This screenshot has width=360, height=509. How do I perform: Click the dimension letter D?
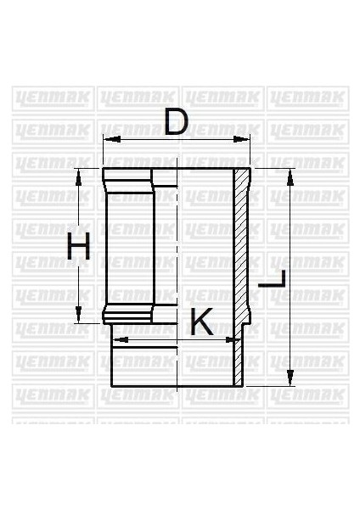point(176,122)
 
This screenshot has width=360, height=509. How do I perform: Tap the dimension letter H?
point(79,248)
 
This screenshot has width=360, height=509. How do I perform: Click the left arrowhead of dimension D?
point(106,138)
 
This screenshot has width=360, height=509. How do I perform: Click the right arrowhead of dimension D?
point(249,138)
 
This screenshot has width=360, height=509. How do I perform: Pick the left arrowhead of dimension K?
point(116,339)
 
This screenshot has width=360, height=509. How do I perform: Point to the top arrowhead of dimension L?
point(290,175)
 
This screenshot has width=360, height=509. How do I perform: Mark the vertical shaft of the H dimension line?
point(79,212)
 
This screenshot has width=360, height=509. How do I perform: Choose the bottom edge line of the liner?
point(170,385)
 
